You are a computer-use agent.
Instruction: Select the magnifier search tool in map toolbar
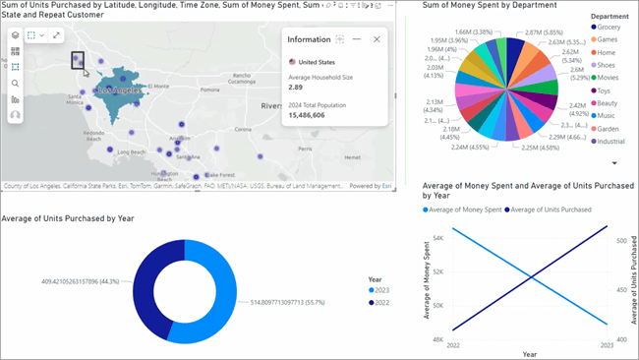[x=15, y=83]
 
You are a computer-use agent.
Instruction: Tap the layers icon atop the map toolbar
[x=15, y=35]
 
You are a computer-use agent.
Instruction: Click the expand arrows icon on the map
[x=56, y=35]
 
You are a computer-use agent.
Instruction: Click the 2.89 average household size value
[x=294, y=88]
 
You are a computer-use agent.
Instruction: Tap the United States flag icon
[x=292, y=61]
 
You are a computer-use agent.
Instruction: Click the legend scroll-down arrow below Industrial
[x=614, y=163]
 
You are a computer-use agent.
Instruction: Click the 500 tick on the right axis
[x=621, y=239]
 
